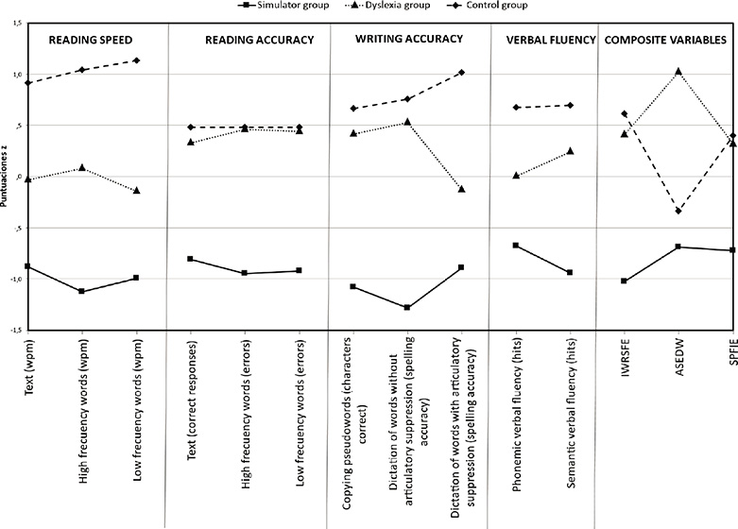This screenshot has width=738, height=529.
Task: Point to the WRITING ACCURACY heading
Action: (x=409, y=41)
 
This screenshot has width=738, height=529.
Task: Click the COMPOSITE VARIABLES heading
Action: (x=667, y=42)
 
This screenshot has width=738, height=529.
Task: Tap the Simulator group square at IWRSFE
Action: (x=625, y=281)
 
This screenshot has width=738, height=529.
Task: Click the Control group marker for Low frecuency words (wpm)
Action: (x=137, y=60)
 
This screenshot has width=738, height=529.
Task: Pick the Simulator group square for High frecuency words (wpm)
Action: (x=82, y=291)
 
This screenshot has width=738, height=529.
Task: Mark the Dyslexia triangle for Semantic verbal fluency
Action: (x=571, y=151)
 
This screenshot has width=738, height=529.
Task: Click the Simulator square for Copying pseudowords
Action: (x=353, y=286)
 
